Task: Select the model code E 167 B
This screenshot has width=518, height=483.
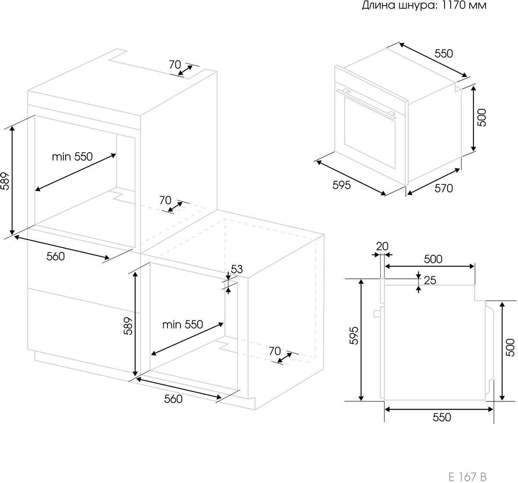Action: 467,477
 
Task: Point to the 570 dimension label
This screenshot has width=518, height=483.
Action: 444,188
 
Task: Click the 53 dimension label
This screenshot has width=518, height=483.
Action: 237,269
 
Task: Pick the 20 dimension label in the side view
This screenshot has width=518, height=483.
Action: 382,246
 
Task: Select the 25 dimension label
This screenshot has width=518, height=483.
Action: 430,280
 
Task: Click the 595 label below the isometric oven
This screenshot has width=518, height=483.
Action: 342,185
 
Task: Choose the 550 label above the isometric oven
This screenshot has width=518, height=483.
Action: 444,54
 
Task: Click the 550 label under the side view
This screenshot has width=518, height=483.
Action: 442,417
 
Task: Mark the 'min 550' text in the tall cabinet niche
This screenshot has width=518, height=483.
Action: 72,157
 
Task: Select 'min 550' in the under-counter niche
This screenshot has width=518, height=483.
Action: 183,325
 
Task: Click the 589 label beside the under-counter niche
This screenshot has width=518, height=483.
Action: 128,326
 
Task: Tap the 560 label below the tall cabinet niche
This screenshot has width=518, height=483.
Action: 56,256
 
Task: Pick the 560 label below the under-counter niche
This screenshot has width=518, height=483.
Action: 174,399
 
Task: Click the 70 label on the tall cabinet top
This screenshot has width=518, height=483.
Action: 175,65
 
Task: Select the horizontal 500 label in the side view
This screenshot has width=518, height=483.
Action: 433,259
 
